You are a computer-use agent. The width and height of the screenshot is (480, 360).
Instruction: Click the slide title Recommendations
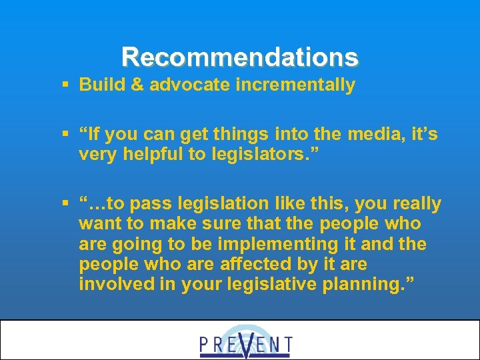point(240,57)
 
